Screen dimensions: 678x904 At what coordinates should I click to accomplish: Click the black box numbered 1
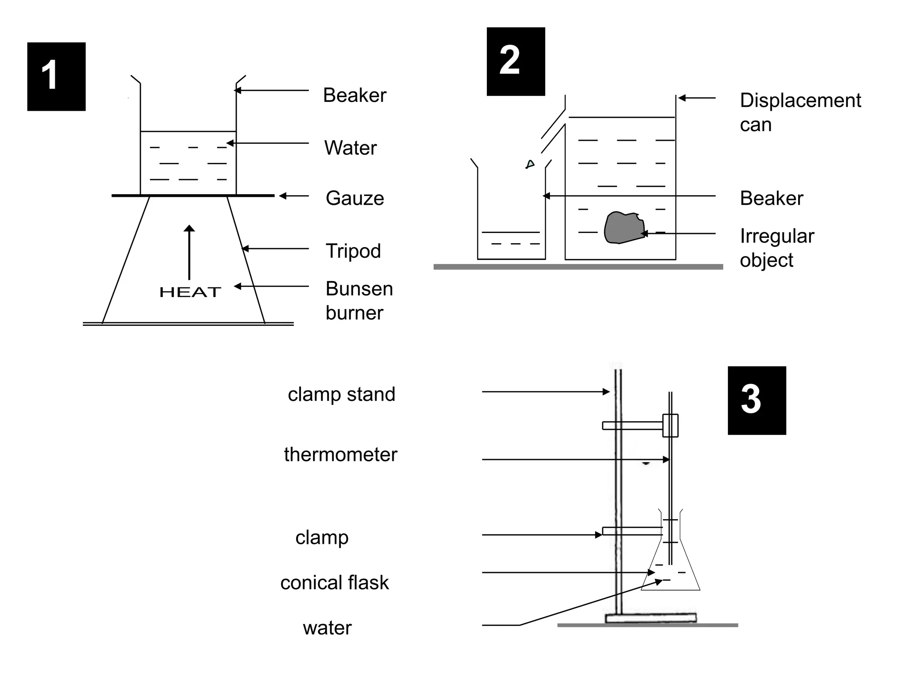tap(56, 76)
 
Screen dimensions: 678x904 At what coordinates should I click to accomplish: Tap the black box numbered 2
tap(516, 61)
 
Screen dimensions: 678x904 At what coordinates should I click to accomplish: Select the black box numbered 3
tap(757, 400)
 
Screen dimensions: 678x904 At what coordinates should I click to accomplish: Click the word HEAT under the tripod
tap(190, 292)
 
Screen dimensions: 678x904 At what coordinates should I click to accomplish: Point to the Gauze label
tap(354, 198)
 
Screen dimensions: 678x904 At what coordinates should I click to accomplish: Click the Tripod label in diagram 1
tap(353, 251)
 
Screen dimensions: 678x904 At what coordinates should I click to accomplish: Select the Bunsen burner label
tap(359, 301)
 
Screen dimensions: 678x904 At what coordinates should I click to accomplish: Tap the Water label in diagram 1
tap(350, 148)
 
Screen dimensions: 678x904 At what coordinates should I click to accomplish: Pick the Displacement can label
tap(800, 112)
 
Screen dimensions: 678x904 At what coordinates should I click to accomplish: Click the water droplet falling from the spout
tap(530, 165)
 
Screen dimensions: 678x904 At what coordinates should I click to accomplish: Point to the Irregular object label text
tap(776, 248)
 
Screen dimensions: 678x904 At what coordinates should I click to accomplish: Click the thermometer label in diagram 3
tap(340, 455)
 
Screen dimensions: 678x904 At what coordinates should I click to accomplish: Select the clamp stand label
tap(341, 394)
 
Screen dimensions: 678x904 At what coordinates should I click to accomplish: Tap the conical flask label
tap(335, 583)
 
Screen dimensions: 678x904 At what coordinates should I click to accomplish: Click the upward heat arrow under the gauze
tap(189, 252)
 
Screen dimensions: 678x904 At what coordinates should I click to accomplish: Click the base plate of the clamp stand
tap(651, 618)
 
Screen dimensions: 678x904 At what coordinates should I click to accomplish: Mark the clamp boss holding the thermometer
tap(670, 426)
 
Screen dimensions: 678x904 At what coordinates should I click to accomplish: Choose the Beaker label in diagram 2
tap(771, 198)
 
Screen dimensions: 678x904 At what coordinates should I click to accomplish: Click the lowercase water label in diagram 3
tap(327, 628)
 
